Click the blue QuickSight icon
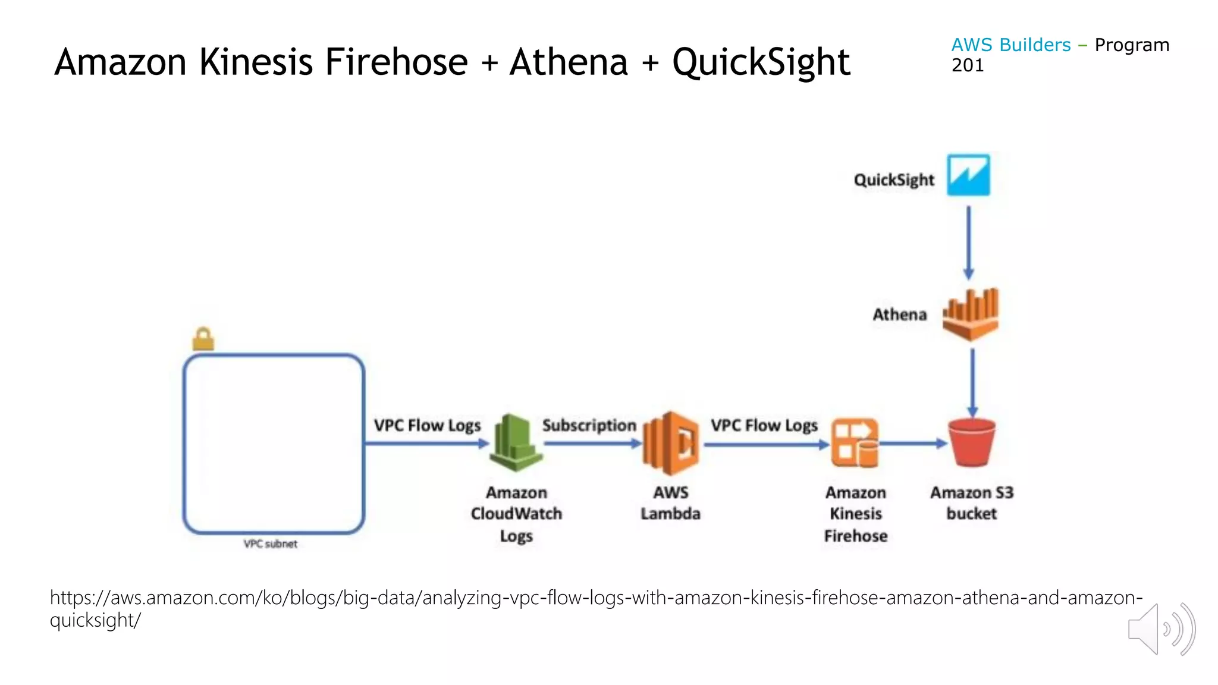968,175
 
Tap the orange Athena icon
971,314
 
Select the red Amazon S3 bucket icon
972,442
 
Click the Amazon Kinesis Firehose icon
855,444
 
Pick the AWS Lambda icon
671,443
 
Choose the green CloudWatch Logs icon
515,443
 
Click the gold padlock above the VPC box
203,339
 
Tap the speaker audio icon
1161,629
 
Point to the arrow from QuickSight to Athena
968,243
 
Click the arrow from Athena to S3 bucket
972,382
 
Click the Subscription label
589,426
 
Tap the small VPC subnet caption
271,544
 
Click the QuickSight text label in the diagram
894,180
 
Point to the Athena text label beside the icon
899,315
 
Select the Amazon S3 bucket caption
972,503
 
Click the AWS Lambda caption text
671,503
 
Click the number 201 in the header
968,65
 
